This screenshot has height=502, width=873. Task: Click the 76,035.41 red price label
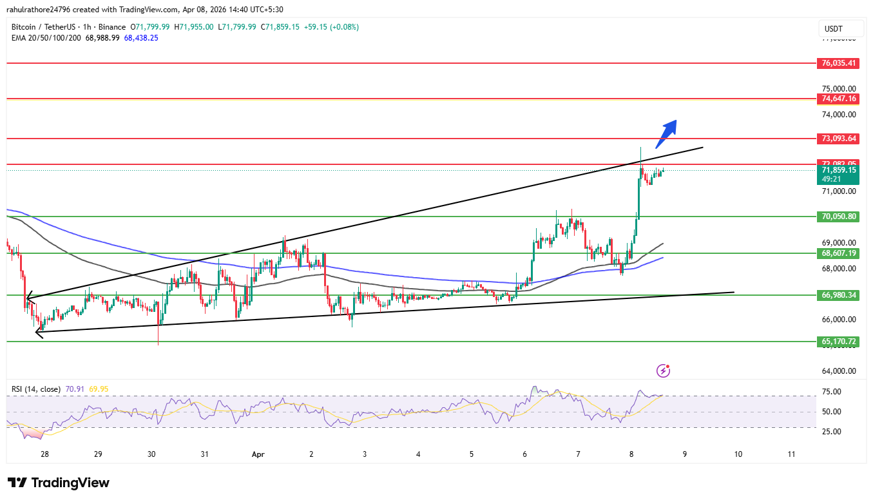tap(838, 63)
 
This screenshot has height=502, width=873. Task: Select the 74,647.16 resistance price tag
tap(838, 99)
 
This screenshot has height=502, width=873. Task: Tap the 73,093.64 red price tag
tap(838, 139)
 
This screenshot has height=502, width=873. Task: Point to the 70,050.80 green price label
tap(838, 217)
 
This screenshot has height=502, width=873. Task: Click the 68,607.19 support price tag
tap(838, 253)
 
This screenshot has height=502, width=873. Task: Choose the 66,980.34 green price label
tap(838, 295)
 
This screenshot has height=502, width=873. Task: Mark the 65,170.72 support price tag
tap(838, 342)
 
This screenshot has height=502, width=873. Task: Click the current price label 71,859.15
tap(838, 170)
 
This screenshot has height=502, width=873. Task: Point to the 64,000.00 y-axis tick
tap(838, 371)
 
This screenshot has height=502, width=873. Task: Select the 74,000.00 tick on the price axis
tap(838, 115)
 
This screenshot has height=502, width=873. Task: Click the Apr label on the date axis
tap(258, 454)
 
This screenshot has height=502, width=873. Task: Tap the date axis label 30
tap(151, 454)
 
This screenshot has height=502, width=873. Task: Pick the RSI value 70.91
tap(74, 389)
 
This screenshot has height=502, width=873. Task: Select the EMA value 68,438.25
tap(141, 38)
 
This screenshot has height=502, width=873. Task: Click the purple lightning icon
tap(663, 371)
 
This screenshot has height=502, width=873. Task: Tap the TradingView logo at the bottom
tap(59, 483)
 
